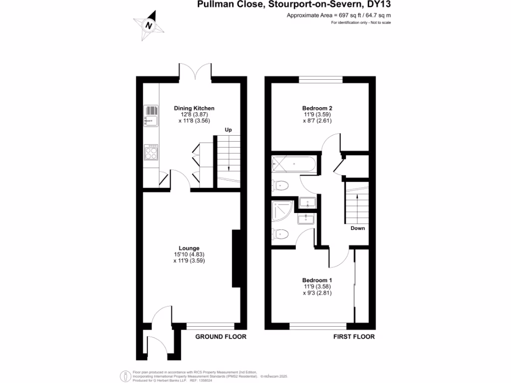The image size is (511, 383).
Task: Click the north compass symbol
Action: (x=148, y=25)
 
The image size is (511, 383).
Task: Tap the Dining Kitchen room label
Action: (x=194, y=108)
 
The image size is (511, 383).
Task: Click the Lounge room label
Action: (x=189, y=248)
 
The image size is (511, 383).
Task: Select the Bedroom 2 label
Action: (x=317, y=108)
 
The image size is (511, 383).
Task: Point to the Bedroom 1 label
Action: (x=317, y=280)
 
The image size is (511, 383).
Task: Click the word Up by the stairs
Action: (x=229, y=130)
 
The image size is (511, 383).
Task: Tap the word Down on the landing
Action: (x=357, y=228)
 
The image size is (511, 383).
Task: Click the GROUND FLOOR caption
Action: (x=221, y=337)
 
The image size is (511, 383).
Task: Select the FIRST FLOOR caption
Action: (x=354, y=337)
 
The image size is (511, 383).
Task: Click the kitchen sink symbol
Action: (x=151, y=120)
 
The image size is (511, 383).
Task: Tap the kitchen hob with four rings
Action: (x=151, y=152)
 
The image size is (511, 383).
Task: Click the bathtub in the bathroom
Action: (x=293, y=165)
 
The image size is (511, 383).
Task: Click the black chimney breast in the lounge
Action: (x=237, y=258)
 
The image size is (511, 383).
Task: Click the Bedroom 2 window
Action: (x=320, y=79)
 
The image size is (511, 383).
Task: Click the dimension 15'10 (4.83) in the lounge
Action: (x=189, y=254)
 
